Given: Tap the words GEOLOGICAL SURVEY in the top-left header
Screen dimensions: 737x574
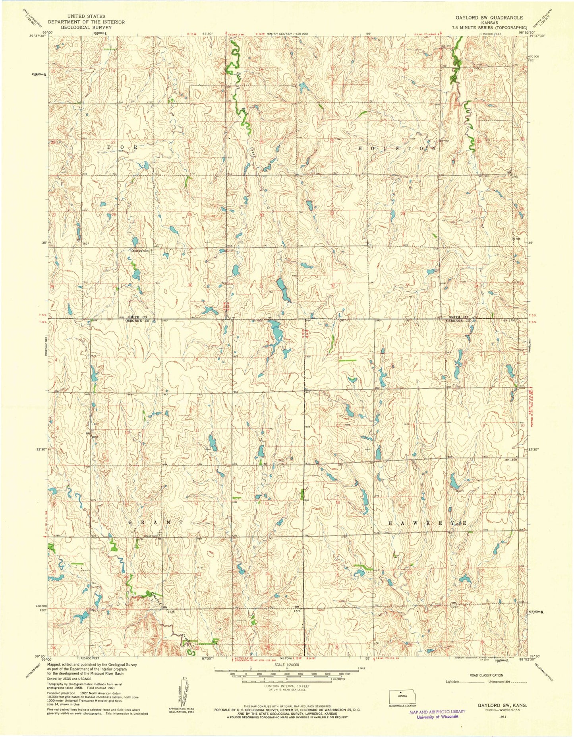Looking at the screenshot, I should coord(86,28).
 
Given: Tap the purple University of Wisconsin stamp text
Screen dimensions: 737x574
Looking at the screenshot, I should coord(437,717).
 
